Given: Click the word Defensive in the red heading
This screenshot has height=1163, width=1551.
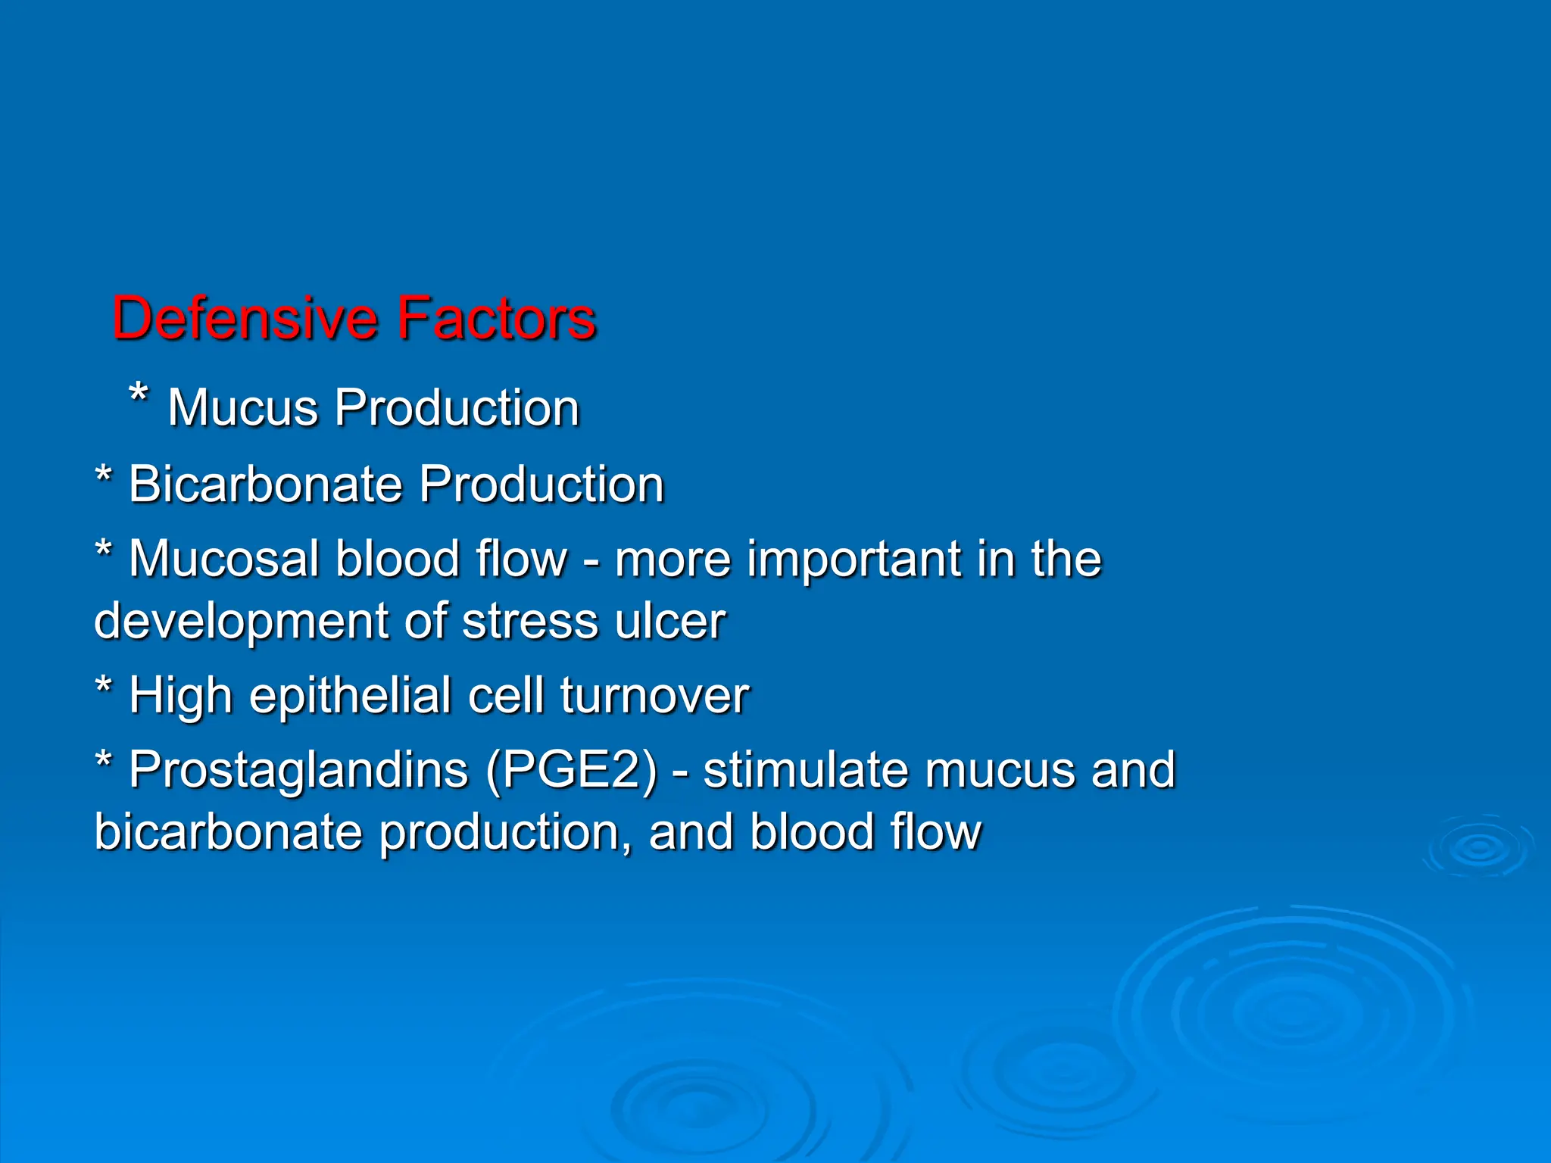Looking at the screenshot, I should tap(245, 319).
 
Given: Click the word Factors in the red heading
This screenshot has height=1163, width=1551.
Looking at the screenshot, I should tap(497, 319).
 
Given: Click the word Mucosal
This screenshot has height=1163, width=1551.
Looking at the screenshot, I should tap(224, 560).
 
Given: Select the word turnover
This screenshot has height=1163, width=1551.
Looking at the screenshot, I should tap(654, 696).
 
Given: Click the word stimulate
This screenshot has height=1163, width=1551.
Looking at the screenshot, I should tap(805, 770).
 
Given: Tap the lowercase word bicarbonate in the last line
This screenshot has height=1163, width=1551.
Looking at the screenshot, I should tap(228, 832).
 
